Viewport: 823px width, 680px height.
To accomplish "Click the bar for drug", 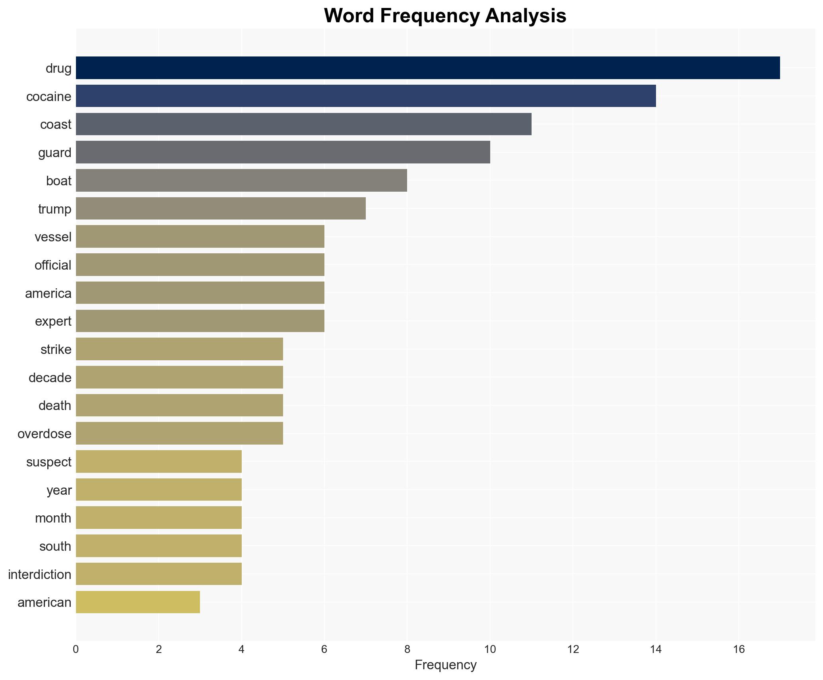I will tap(427, 68).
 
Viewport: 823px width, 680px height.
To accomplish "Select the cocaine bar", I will tap(366, 96).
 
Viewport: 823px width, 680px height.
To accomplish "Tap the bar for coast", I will tap(303, 124).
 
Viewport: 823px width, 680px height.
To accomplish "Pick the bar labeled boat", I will tap(241, 181).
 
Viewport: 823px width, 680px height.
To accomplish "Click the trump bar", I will tap(221, 209).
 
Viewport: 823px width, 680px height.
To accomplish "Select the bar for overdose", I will tap(179, 433).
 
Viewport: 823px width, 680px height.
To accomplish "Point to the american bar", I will tap(138, 602).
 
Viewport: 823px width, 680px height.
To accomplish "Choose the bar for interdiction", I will tap(159, 574).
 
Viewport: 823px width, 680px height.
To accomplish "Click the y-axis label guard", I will tap(55, 153).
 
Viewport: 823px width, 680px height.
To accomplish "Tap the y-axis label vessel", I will tap(53, 237).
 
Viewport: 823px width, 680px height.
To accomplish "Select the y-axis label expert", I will tap(53, 321).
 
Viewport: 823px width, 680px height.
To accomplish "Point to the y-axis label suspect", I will tap(49, 462).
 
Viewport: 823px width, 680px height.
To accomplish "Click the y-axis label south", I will tap(55, 546).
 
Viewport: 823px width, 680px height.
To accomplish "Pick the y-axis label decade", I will tap(50, 377).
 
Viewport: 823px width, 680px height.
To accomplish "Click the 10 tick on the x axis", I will tap(490, 650).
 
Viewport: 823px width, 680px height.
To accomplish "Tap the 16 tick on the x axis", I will tap(738, 650).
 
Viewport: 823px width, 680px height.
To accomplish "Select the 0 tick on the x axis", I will tap(76, 650).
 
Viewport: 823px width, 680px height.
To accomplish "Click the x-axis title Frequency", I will tap(445, 665).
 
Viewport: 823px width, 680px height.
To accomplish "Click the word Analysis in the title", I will tap(526, 16).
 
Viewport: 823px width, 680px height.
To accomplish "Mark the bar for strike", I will tap(179, 349).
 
